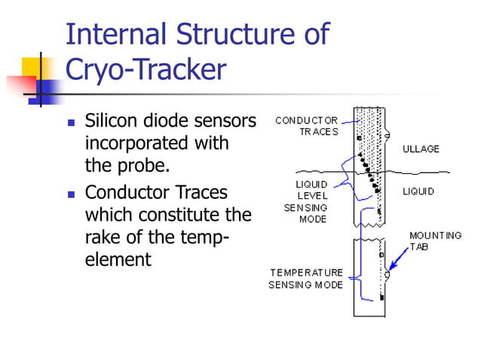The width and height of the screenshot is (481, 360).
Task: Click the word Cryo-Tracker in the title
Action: pos(146,70)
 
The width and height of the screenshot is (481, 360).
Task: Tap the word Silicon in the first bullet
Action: pos(108,121)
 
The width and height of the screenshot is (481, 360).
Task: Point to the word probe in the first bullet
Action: pos(136,164)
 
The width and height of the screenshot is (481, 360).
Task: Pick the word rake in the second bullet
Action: pos(102,238)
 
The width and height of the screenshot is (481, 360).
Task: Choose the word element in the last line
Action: pos(118,260)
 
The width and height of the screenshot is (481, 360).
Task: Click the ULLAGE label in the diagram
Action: pos(420,149)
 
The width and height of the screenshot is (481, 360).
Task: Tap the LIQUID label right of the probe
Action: pos(418,192)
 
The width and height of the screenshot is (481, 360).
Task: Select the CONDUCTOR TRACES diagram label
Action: pos(306,126)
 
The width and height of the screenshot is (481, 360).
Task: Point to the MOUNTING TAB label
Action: pos(435,241)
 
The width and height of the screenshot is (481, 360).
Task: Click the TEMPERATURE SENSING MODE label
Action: pos(306,279)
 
